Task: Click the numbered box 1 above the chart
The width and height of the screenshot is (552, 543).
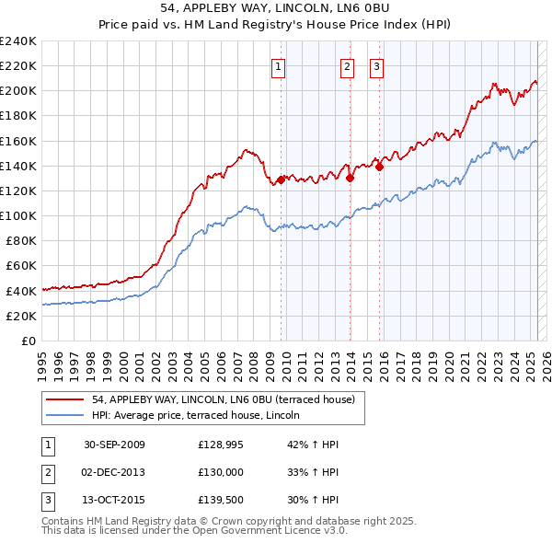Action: coord(277,65)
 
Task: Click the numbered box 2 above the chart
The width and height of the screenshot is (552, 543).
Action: coord(347,65)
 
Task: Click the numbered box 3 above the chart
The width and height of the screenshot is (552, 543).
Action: coord(376,65)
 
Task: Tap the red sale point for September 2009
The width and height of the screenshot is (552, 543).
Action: coord(281,179)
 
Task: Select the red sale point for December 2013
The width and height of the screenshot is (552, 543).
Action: coord(351,179)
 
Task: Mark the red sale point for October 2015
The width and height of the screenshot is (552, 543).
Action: coord(380,167)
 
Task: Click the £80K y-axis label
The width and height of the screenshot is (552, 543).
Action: coord(20,240)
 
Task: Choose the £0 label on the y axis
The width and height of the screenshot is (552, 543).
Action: coord(29,341)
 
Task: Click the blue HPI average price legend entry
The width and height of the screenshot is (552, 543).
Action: coord(202,415)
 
